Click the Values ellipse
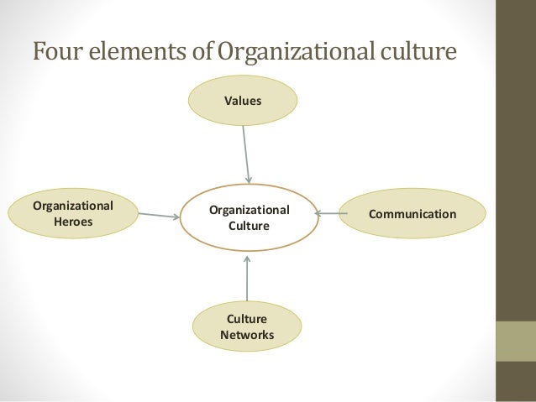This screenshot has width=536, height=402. pos(242,101)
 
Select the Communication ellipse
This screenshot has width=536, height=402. pos(412,215)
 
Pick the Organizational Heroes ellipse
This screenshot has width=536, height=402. pos(73,213)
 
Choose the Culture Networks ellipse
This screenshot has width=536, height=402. pos(246,327)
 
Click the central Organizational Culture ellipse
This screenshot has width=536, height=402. pos(249,217)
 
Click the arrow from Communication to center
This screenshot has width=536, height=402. pos(331,214)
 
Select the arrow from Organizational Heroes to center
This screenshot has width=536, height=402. pos(158,216)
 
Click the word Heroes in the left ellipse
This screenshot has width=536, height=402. pos(73,222)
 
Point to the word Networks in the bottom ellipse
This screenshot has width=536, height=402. pos(246,336)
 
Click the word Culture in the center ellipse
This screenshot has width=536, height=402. pos(249,226)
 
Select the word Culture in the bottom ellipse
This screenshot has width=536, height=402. pos(246,320)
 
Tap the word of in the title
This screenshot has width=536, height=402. pos(199,52)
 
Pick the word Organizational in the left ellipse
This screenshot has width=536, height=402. pos(73,205)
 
